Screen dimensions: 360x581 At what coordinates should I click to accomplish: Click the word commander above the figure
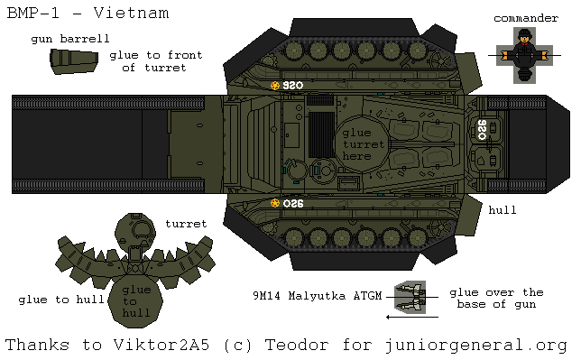(x=526, y=18)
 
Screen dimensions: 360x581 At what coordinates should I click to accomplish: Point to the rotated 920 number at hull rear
(x=481, y=129)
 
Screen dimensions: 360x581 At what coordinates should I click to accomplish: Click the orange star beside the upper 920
(x=275, y=86)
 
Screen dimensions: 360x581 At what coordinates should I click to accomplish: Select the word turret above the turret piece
(x=186, y=223)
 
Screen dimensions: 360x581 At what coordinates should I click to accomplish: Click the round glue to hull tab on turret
(x=136, y=301)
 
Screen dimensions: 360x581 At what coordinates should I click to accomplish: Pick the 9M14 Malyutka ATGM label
(x=319, y=295)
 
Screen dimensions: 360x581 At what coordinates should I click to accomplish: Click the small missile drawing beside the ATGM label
(x=408, y=294)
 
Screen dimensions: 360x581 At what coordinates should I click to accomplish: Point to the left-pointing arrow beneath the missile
(x=411, y=316)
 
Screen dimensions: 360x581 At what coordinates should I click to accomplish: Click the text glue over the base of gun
(x=496, y=299)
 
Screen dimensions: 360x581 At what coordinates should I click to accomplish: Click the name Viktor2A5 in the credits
(x=152, y=345)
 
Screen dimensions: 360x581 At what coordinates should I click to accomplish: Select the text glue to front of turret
(x=155, y=61)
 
